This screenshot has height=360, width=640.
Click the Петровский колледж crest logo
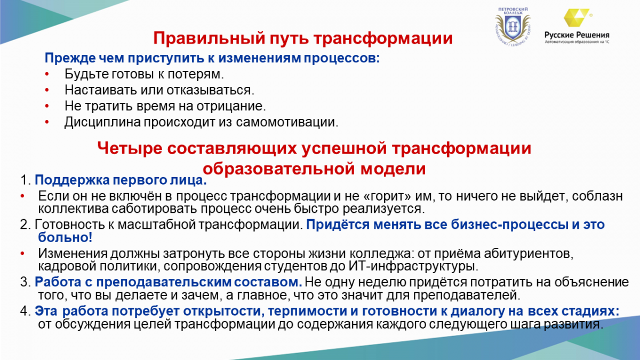(513, 27)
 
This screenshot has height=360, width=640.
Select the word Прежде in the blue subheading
(70, 58)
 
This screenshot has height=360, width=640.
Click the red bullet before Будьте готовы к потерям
(47, 74)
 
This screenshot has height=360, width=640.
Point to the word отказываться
(210, 90)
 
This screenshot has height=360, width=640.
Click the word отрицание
(231, 106)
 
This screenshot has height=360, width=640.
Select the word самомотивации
(287, 122)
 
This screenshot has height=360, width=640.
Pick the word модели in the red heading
(393, 169)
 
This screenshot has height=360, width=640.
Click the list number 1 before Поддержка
(26, 180)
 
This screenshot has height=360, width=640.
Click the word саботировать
(154, 209)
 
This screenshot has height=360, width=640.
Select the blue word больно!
(65, 237)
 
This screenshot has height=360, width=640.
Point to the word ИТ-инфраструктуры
(413, 266)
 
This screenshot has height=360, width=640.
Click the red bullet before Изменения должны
(22, 254)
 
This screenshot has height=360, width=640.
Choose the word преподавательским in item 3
(163, 282)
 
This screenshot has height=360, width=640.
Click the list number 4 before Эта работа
(26, 311)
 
